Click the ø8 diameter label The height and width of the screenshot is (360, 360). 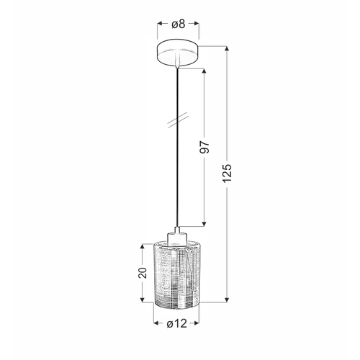[179, 24]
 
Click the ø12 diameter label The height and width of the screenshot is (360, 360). [176, 324]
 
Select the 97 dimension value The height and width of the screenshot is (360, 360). [205, 147]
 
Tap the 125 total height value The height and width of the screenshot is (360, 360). [227, 173]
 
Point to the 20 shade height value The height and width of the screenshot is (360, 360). [143, 272]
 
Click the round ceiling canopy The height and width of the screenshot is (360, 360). [178, 53]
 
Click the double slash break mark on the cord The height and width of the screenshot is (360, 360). [178, 120]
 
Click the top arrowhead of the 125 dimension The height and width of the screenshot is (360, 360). [227, 48]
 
